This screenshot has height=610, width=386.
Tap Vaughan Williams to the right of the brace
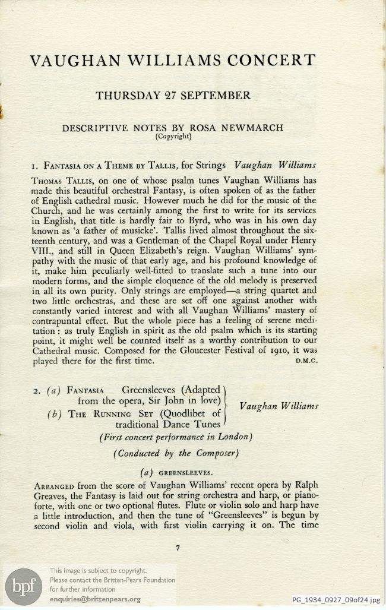click(x=278, y=407)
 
